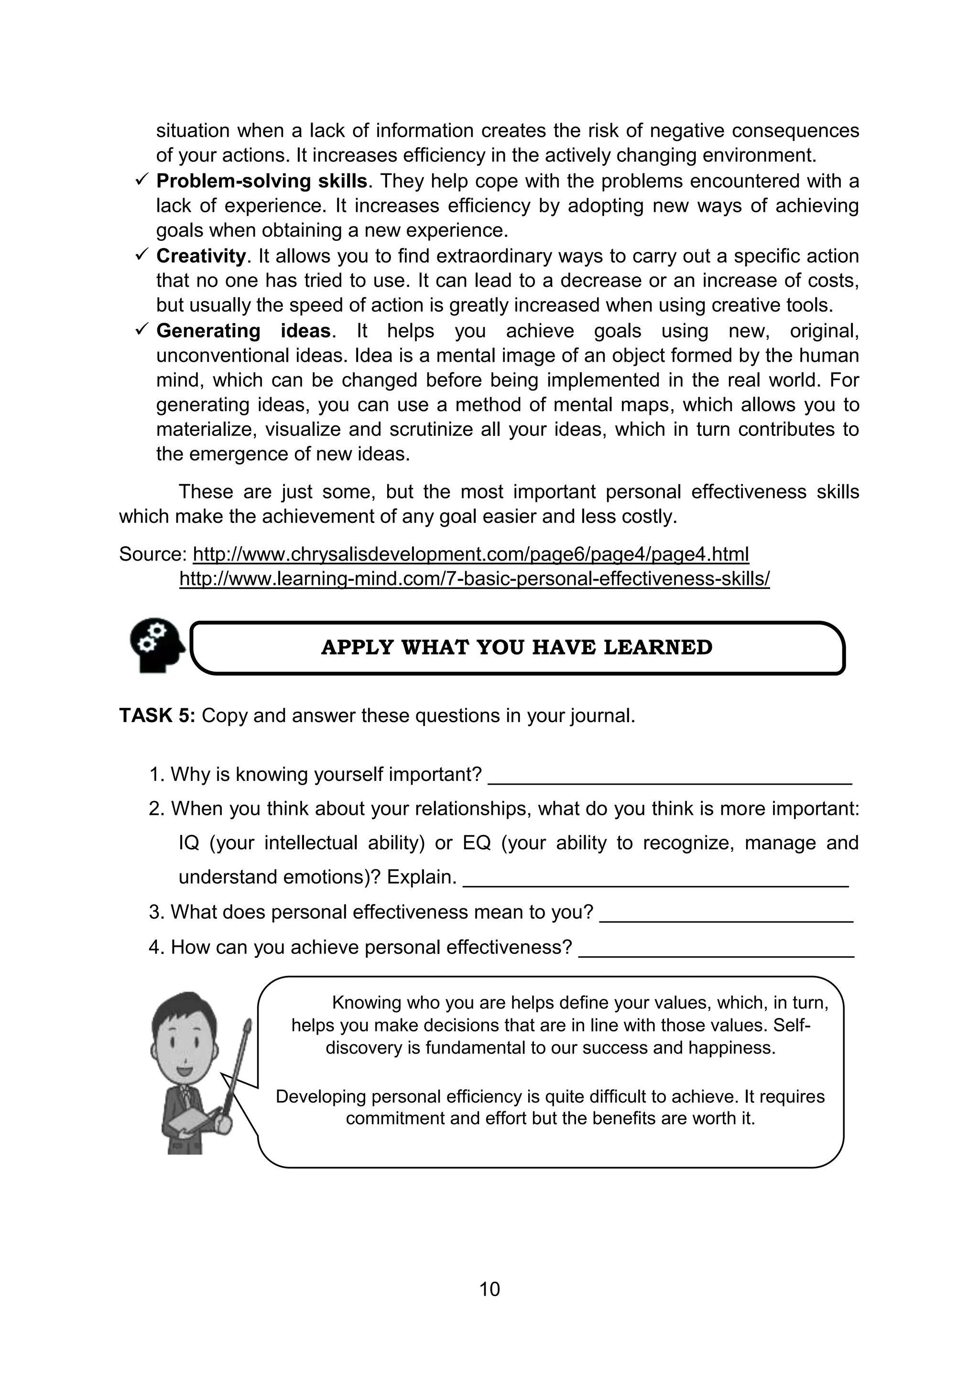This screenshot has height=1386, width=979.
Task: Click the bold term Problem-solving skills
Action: pyautogui.click(x=261, y=181)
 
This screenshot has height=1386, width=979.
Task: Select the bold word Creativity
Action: pyautogui.click(x=200, y=256)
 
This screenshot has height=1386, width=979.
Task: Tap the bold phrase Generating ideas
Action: pyautogui.click(x=243, y=331)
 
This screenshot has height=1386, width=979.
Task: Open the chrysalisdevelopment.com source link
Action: pyautogui.click(x=470, y=554)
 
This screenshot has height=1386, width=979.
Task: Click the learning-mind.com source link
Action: pyautogui.click(x=474, y=579)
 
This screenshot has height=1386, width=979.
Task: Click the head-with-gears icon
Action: pyautogui.click(x=156, y=645)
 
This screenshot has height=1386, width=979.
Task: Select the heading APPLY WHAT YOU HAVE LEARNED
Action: pyautogui.click(x=516, y=647)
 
